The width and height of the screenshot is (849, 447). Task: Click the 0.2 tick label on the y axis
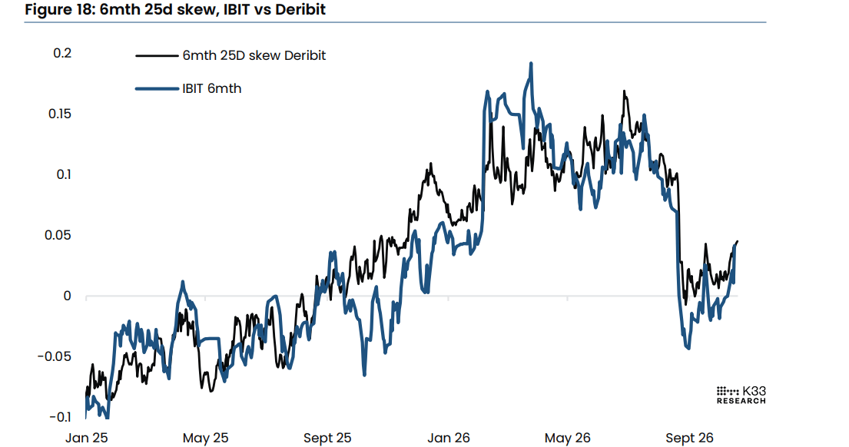pyautogui.click(x=62, y=53)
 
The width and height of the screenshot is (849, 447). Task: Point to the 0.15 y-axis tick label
pyautogui.click(x=60, y=114)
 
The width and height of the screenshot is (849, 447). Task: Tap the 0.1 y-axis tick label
pyautogui.click(x=63, y=174)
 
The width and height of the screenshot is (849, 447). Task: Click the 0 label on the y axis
pyautogui.click(x=67, y=296)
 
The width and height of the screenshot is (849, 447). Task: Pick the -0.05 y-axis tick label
pyautogui.click(x=54, y=356)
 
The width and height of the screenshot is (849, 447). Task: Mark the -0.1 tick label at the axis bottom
pyautogui.click(x=60, y=417)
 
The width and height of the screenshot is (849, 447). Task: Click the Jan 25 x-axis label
pyautogui.click(x=87, y=438)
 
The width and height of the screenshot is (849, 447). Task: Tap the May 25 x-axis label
pyautogui.click(x=206, y=438)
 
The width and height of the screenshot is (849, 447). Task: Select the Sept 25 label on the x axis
pyautogui.click(x=327, y=438)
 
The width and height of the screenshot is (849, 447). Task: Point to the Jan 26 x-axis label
pyautogui.click(x=449, y=438)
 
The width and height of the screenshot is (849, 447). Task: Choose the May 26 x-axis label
pyautogui.click(x=568, y=438)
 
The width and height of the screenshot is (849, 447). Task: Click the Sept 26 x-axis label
pyautogui.click(x=689, y=438)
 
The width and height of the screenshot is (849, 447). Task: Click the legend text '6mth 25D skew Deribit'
pyautogui.click(x=254, y=55)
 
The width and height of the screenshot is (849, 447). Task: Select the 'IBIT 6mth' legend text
pyautogui.click(x=212, y=88)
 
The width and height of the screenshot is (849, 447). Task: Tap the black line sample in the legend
pyautogui.click(x=157, y=55)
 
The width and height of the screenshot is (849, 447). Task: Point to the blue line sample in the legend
pyautogui.click(x=157, y=88)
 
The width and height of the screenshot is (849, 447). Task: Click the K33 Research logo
pyautogui.click(x=741, y=395)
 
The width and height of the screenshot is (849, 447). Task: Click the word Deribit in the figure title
pyautogui.click(x=300, y=10)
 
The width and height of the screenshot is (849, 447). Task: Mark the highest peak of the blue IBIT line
pyautogui.click(x=531, y=63)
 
